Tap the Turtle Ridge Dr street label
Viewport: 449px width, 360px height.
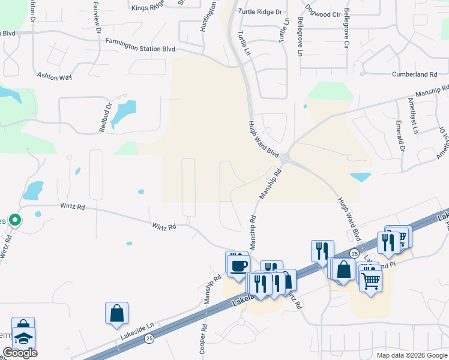click(x=260, y=11)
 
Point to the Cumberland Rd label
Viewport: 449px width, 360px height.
click(x=414, y=74)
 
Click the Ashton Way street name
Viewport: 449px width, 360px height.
click(x=54, y=77)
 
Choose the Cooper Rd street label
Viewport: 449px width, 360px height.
click(x=202, y=340)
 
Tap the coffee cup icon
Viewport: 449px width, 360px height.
click(x=237, y=263)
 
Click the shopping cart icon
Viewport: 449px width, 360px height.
click(x=371, y=280)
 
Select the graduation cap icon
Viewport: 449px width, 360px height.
click(x=24, y=338)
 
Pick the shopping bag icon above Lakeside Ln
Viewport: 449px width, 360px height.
click(x=116, y=313)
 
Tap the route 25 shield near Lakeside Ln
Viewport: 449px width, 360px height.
click(x=148, y=338)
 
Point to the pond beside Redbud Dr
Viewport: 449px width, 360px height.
click(x=124, y=110)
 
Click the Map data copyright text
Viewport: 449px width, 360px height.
click(x=411, y=355)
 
